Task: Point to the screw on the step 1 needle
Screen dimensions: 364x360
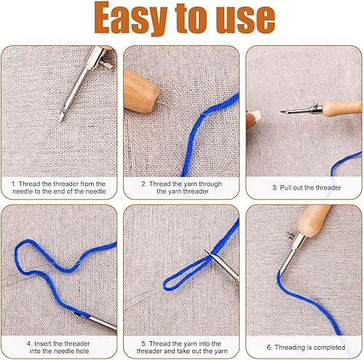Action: pos(108,65)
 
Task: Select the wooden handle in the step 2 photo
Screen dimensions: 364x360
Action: pos(141,92)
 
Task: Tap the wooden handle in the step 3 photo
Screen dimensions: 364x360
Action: pos(342,108)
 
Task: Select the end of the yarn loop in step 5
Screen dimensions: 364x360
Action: pos(165,285)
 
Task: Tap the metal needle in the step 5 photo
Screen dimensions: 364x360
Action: pos(223,265)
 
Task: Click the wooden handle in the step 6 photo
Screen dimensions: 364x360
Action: pos(313,220)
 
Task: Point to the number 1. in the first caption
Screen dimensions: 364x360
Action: pos(14,184)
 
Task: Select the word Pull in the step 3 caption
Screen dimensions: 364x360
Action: pos(286,187)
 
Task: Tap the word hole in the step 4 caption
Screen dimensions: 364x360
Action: pos(82,351)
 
